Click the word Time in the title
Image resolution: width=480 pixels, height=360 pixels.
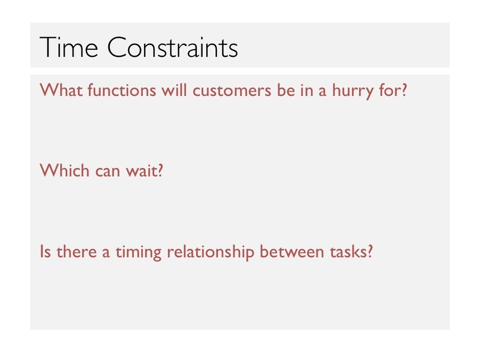69,47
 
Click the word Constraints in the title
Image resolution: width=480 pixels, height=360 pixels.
172,47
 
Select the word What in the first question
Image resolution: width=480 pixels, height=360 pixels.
61,90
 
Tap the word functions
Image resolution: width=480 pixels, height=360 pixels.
122,90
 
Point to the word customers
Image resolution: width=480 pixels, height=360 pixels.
232,91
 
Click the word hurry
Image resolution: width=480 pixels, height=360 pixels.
353,91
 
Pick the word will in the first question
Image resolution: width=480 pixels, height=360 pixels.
174,90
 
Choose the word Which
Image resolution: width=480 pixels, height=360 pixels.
65,171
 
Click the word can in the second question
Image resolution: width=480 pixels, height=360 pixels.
107,172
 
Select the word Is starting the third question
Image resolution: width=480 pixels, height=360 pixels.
45,252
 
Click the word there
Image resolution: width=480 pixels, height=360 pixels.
76,252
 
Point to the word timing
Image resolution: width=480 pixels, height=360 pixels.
138,253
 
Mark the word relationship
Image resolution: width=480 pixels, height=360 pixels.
210,253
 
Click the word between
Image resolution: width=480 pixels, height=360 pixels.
292,252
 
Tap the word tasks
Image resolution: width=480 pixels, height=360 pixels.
348,252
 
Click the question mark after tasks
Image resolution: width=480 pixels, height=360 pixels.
370,252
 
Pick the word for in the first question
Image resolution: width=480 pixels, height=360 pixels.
390,90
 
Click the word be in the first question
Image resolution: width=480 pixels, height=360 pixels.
286,90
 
